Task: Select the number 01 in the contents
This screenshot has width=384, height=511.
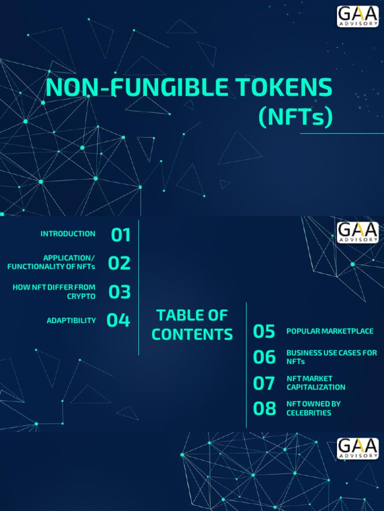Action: pyautogui.click(x=120, y=235)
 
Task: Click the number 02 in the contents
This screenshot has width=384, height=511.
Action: pyautogui.click(x=119, y=263)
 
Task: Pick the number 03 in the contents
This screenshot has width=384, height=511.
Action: pyautogui.click(x=119, y=291)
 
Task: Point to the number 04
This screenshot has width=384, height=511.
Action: pyautogui.click(x=118, y=320)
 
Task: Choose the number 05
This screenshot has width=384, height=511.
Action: pyautogui.click(x=264, y=331)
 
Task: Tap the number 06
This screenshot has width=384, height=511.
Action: pyautogui.click(x=264, y=357)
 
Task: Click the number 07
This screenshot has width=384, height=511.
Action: pyautogui.click(x=264, y=383)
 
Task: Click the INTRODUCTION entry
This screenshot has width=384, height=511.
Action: pyautogui.click(x=68, y=234)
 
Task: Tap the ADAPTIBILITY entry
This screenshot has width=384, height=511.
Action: pyautogui.click(x=71, y=320)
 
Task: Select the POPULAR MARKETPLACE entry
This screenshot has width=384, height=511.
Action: pyautogui.click(x=330, y=331)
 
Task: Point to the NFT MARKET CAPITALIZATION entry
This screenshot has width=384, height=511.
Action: pyautogui.click(x=315, y=383)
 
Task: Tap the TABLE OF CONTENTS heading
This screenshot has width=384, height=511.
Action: pyautogui.click(x=192, y=325)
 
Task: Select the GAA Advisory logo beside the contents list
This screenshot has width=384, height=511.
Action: pyautogui.click(x=357, y=233)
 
